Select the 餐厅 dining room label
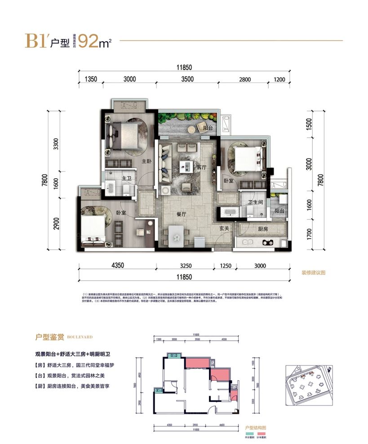tap(182, 215)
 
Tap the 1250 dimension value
tap(226, 266)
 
